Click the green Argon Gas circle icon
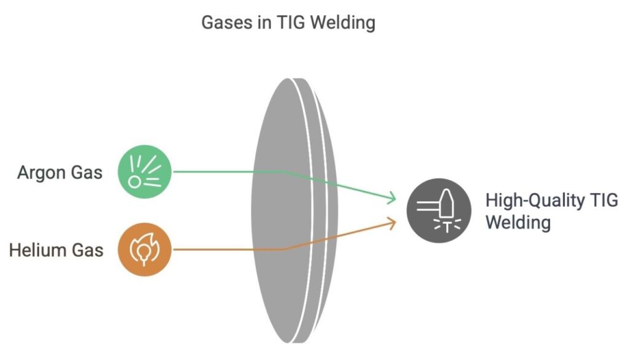[x=144, y=172]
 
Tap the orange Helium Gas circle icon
[x=144, y=250]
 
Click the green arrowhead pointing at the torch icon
[x=392, y=199]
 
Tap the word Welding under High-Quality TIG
[x=518, y=222]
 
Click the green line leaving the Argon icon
[x=227, y=172]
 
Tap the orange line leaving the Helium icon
[x=227, y=250]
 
